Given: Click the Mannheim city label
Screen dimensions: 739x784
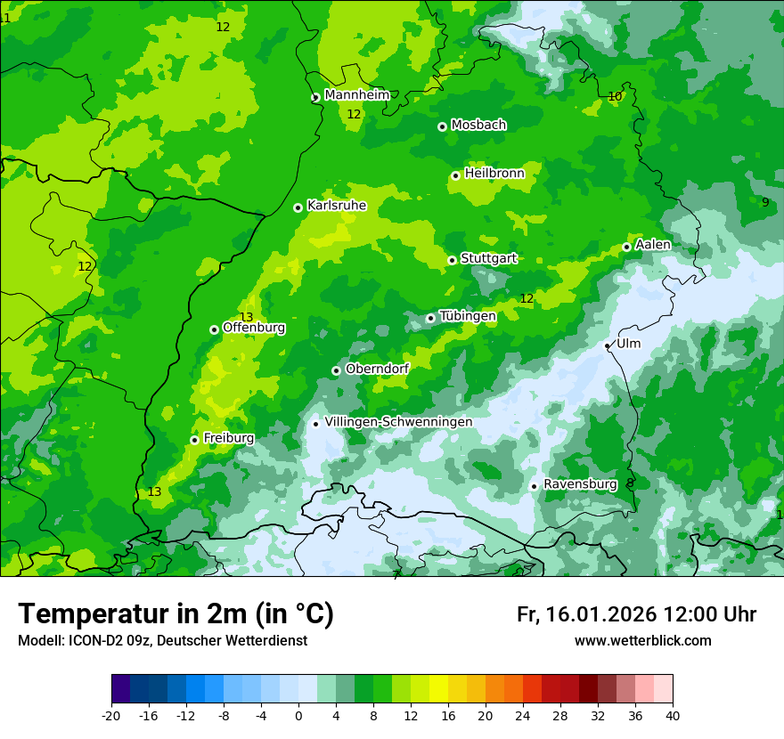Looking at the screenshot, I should [x=356, y=95].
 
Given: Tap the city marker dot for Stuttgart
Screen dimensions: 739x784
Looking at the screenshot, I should [x=452, y=260].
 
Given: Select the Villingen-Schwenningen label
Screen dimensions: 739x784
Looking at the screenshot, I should [x=398, y=422].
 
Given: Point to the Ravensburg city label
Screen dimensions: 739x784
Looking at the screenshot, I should [x=579, y=484].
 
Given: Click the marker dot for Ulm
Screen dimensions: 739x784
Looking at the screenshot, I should [x=607, y=345].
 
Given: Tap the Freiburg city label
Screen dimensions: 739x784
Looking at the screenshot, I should [x=228, y=438].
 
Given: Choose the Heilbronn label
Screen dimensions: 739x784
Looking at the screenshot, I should [x=494, y=174].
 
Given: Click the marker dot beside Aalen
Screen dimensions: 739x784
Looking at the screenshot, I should [x=626, y=247].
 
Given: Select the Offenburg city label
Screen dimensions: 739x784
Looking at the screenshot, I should [x=254, y=328].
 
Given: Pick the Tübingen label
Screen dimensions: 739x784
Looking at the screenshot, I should [x=468, y=316].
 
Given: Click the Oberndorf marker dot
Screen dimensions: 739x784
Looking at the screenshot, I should [x=336, y=370].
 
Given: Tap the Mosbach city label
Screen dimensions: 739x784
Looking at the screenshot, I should [x=478, y=126].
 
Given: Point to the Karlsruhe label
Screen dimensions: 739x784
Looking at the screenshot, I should [x=337, y=206].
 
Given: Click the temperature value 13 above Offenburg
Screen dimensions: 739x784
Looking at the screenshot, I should [x=247, y=317].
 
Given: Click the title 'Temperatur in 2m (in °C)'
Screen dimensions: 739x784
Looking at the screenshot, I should [x=176, y=613].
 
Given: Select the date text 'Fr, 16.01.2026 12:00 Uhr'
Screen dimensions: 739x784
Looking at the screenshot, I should [x=636, y=614].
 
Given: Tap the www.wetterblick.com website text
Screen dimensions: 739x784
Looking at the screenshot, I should [x=642, y=641].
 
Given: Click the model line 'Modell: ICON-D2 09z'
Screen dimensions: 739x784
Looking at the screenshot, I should [x=162, y=641].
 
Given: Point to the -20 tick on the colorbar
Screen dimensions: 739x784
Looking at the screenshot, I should [x=111, y=716].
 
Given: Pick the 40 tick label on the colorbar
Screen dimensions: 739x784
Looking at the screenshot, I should [x=672, y=716].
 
